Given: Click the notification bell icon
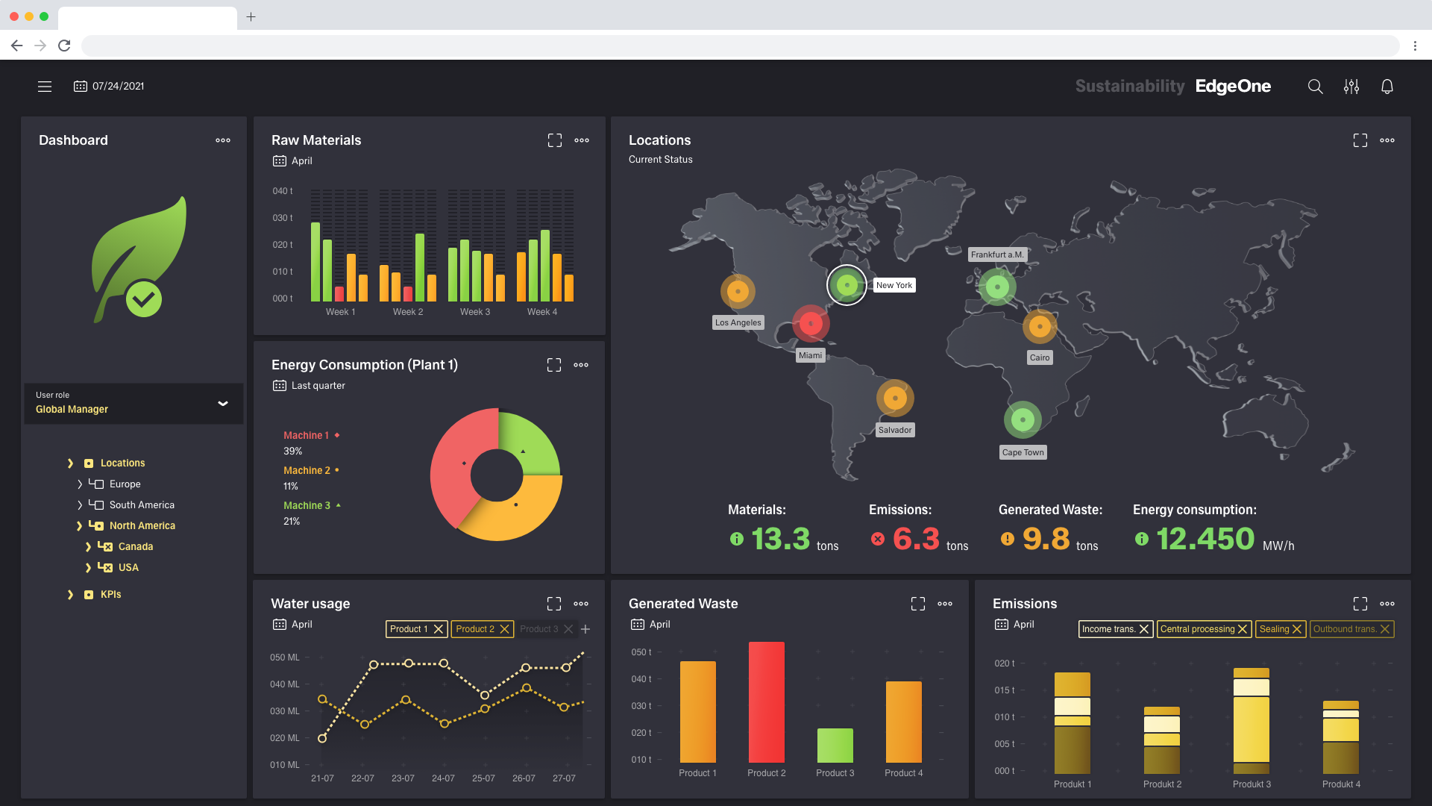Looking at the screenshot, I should pos(1387,87).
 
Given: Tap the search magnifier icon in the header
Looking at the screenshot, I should pos(1315,87).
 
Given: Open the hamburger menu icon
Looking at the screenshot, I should pos(45,87).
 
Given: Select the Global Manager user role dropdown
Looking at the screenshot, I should pos(134,404).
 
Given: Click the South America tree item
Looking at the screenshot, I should pos(142,505).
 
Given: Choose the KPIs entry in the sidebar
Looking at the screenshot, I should pos(110,595).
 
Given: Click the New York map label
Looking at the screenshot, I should pos(894,285).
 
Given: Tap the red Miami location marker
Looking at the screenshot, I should pos(811,323).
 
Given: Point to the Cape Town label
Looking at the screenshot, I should pos(1023,452).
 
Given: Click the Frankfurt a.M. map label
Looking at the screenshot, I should pos(997,254).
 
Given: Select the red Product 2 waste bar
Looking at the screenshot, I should pos(766,702).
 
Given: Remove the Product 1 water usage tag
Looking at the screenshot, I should pos(439,629).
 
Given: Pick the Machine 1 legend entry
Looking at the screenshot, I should pos(306,435).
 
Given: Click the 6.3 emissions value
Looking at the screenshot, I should pos(916,539).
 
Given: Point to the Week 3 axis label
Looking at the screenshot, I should pos(475,312).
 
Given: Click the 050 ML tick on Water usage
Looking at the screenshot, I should pos(284,657).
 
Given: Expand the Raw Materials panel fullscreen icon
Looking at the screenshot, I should pos(554,140).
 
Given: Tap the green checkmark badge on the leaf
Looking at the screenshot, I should pos(143,299).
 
